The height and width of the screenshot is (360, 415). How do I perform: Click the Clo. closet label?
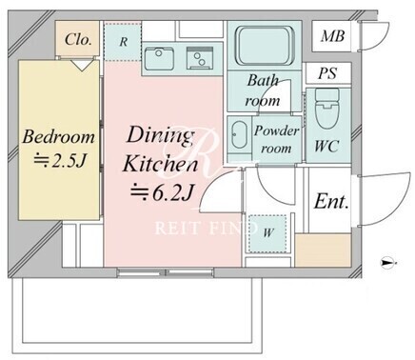click(x=78, y=39)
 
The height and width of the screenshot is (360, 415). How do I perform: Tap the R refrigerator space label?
click(x=124, y=41)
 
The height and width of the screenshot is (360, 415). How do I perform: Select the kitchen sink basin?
click(x=159, y=59)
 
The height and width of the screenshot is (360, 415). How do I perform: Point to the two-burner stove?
click(x=200, y=58)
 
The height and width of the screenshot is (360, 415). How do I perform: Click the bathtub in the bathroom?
click(x=264, y=47)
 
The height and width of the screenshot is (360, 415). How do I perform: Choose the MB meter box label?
click(x=332, y=36)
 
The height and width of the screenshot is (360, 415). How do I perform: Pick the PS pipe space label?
click(x=327, y=73)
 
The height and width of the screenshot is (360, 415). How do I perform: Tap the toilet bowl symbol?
click(x=327, y=109)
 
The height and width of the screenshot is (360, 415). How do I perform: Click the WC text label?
click(x=326, y=146)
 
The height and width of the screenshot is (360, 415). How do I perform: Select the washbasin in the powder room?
click(x=239, y=135)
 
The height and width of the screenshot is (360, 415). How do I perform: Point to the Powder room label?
click(x=276, y=139)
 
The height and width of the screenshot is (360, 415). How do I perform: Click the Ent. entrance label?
click(x=331, y=201)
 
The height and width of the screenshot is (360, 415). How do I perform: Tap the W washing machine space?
click(x=268, y=233)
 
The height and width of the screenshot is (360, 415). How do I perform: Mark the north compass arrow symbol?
click(x=388, y=263)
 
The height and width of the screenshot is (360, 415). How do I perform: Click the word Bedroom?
click(x=59, y=136)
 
